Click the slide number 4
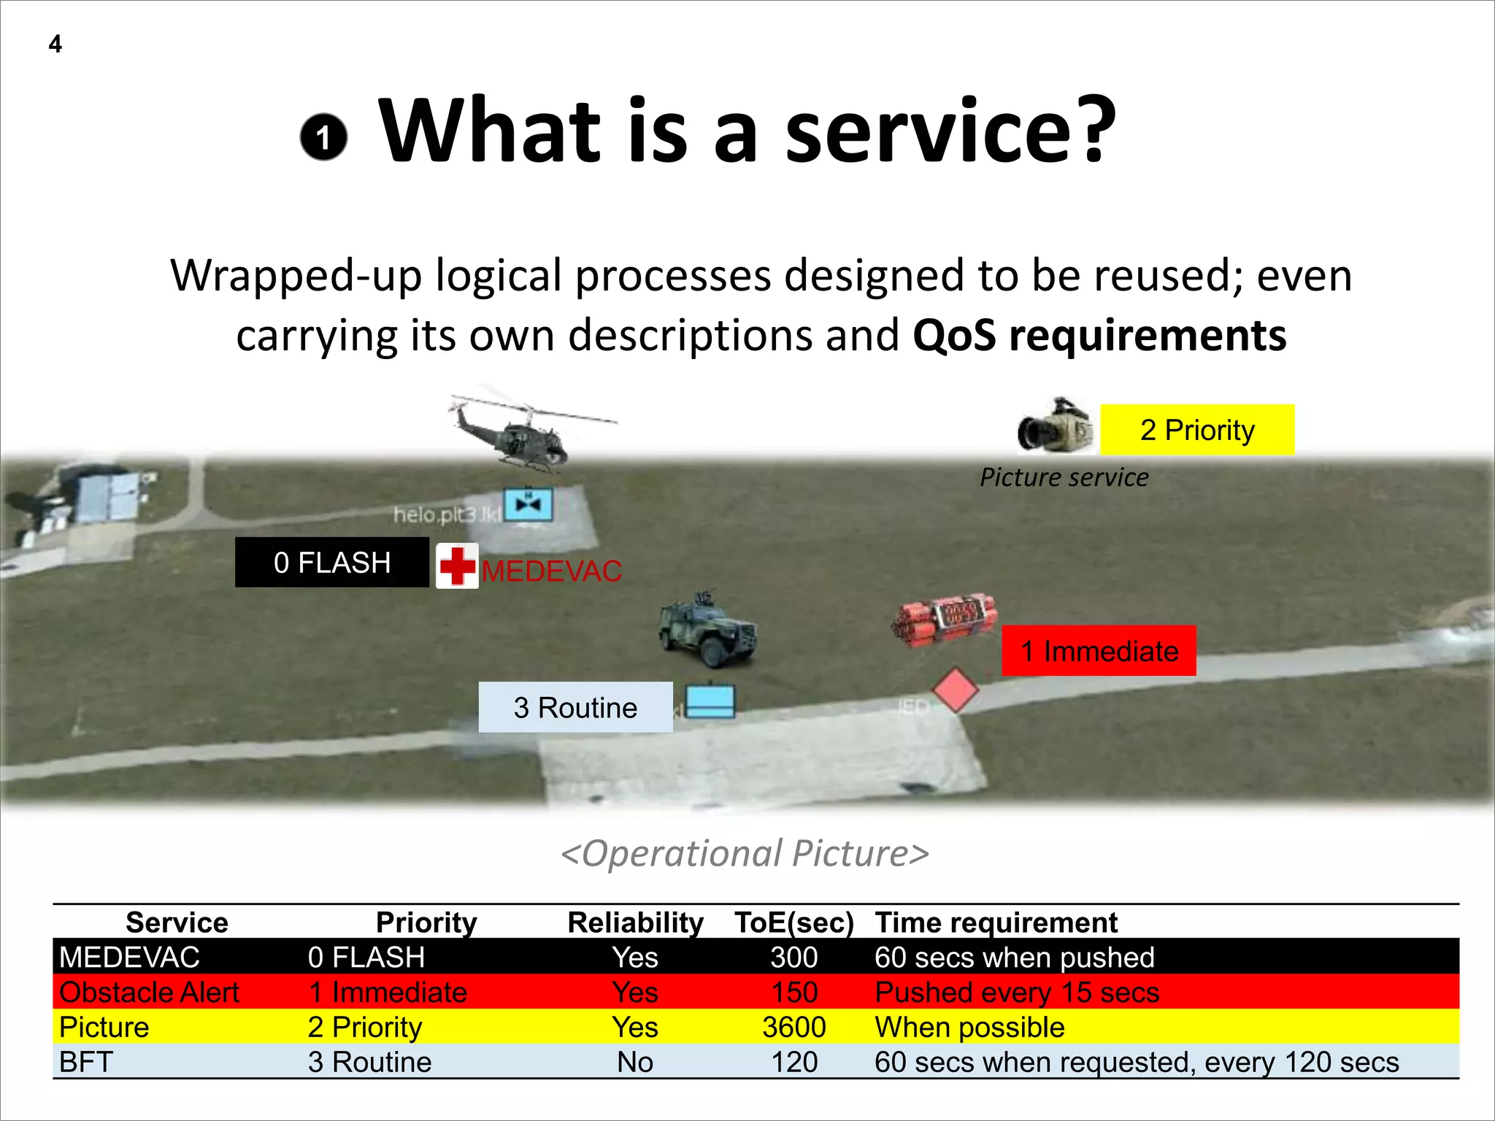[55, 45]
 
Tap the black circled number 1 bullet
[323, 136]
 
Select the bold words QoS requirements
[1099, 336]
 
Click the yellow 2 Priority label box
[1197, 430]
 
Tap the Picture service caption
[1064, 477]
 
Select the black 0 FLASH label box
[332, 563]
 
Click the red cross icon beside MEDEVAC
[457, 566]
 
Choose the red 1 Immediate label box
[1099, 651]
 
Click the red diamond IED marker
[955, 690]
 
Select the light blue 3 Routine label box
[575, 707]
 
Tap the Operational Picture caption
[745, 853]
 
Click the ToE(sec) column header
[794, 922]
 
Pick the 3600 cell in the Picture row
[794, 1028]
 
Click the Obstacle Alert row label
[149, 993]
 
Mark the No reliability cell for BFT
[634, 1062]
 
